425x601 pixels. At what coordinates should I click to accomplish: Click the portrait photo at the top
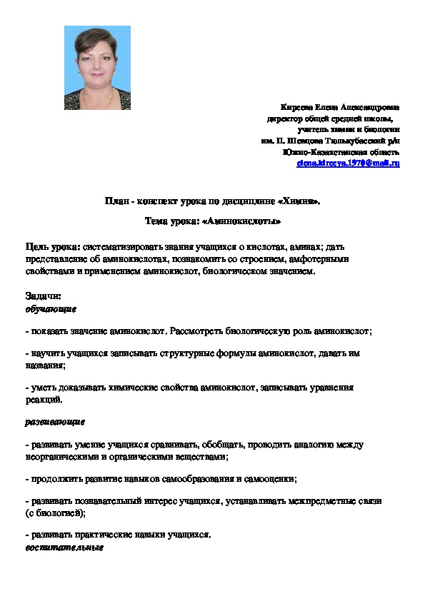[98, 68]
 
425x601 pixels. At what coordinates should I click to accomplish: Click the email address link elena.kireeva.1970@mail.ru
[348, 163]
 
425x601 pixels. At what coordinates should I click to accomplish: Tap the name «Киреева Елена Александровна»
[341, 105]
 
